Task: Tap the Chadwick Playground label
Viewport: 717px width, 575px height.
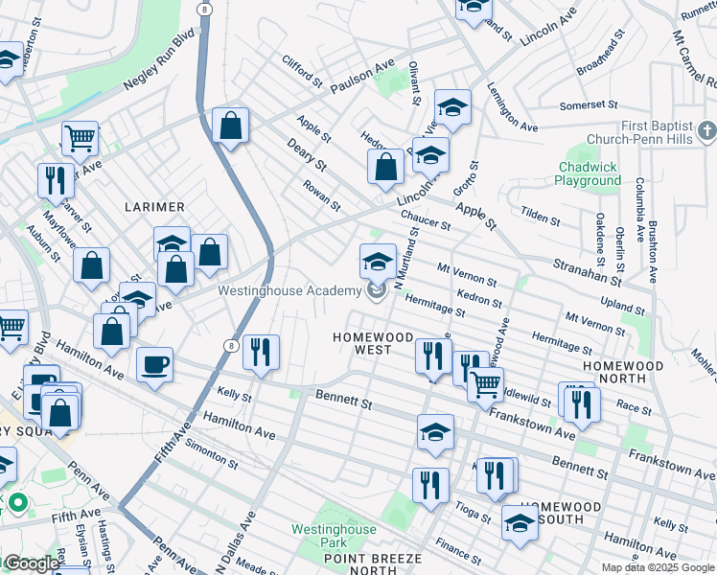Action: point(590,173)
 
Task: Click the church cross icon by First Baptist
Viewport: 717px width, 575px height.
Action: point(706,128)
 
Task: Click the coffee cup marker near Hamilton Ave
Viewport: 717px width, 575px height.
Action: point(154,363)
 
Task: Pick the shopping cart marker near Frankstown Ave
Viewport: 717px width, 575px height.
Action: point(485,383)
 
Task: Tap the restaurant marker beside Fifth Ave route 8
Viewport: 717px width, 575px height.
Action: point(260,352)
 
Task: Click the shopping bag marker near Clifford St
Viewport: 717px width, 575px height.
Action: point(231,126)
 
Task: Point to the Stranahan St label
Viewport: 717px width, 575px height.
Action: point(588,271)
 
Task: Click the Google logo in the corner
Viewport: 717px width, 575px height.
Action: point(32,563)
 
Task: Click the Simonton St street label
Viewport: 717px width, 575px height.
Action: point(212,450)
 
